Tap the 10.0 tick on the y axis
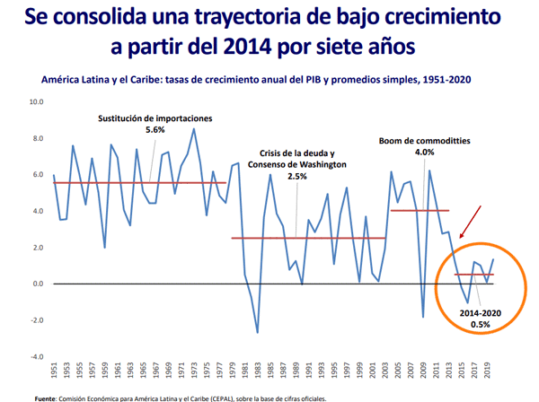pyautogui.click(x=37, y=102)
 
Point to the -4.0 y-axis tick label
pyautogui.click(x=37, y=357)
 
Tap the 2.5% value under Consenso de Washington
pyautogui.click(x=296, y=177)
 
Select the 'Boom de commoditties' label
pyautogui.click(x=424, y=141)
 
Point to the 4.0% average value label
pyautogui.click(x=424, y=153)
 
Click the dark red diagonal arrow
pyautogui.click(x=471, y=222)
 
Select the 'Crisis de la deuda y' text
pyautogui.click(x=296, y=153)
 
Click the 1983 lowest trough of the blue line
pyautogui.click(x=257, y=333)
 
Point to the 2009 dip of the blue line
pyautogui.click(x=423, y=317)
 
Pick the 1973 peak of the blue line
pyautogui.click(x=194, y=129)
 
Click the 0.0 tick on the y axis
pyautogui.click(x=37, y=284)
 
